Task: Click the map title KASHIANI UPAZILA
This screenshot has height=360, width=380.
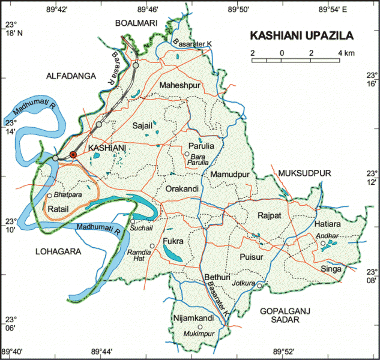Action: coord(301,35)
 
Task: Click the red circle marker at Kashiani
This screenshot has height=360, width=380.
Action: coord(73,155)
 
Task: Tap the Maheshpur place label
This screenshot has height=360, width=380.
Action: coord(179,86)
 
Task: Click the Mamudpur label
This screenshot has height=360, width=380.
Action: coord(229,174)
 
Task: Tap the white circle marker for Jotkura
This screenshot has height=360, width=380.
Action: coord(259,286)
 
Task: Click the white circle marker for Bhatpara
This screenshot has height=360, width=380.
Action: coord(49,196)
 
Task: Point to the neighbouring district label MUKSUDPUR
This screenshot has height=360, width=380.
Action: coord(304,173)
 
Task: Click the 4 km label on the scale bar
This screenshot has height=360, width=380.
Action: coord(346,53)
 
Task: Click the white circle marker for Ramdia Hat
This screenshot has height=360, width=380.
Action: coord(152,246)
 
